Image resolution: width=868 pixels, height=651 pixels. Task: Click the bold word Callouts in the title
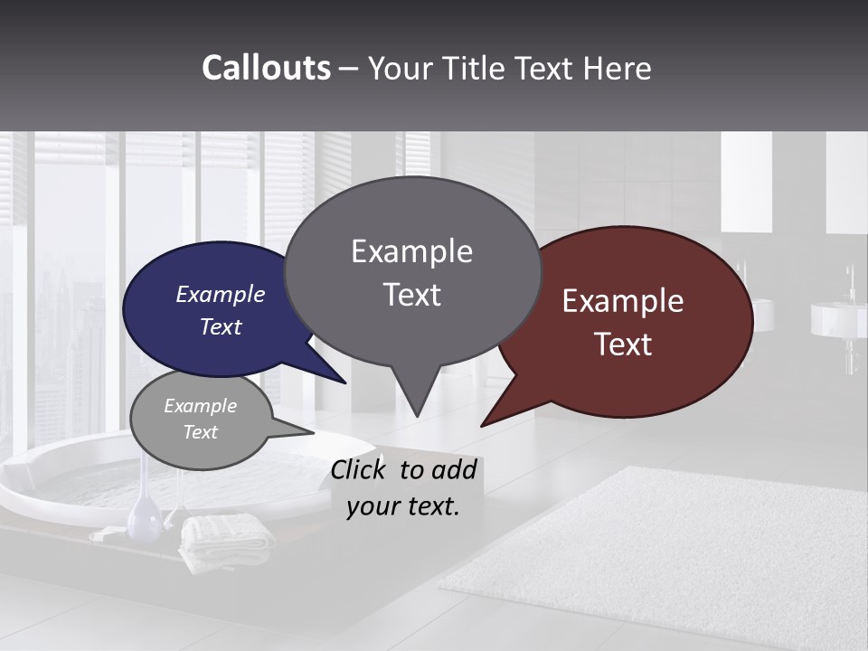266,68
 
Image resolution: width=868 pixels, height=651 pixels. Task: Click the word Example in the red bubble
623,301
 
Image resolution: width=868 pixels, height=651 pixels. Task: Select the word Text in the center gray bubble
412,295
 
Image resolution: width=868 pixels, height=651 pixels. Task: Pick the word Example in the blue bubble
220,295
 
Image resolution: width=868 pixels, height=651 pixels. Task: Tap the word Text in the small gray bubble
200,432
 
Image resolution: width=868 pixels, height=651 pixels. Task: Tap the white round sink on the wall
836,319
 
